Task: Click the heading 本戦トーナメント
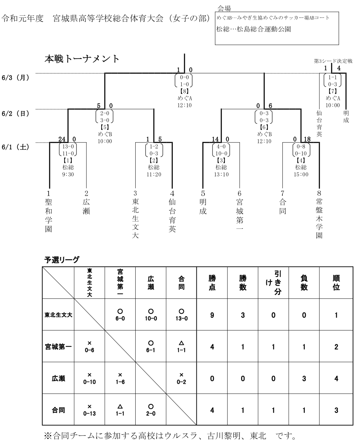point(82,59)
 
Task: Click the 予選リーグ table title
point(62,260)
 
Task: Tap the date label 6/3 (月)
point(15,77)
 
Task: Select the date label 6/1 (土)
point(15,147)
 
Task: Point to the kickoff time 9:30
point(67,175)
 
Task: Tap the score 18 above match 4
point(307,139)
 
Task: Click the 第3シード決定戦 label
point(333,61)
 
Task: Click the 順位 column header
point(336,283)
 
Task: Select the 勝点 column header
point(212,283)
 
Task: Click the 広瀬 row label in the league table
point(58,378)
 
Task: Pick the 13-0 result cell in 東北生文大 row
point(181,315)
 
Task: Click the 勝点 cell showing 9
point(212,315)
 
